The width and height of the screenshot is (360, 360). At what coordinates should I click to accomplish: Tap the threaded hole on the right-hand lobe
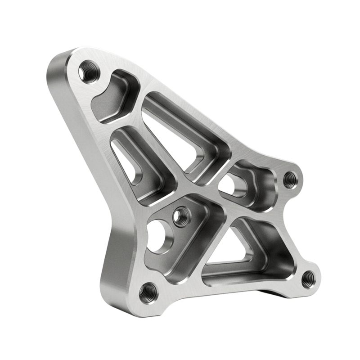point(288,180)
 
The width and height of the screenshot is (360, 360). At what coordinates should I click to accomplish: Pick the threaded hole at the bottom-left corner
point(147,293)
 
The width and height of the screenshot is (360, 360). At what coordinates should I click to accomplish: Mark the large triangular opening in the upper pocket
point(175,135)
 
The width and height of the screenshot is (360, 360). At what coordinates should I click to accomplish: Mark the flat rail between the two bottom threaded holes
point(225,290)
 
